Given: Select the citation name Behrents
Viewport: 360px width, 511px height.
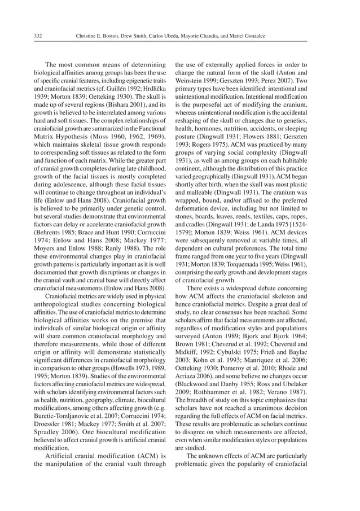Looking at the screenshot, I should [x=50, y=232].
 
